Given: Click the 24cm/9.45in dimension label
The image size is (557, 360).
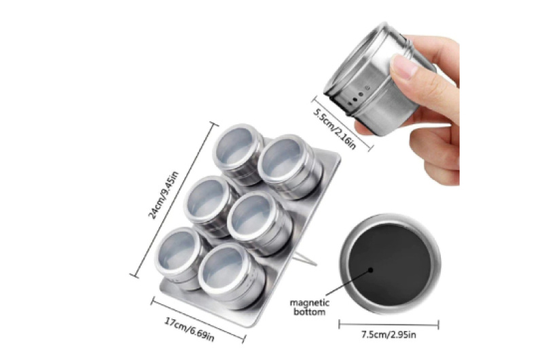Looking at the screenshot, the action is (163, 195).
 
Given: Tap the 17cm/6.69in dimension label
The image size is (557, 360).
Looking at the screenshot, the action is (190, 329).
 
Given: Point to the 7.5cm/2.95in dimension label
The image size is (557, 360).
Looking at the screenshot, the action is (389, 334).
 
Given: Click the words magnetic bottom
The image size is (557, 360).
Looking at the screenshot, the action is (309, 308).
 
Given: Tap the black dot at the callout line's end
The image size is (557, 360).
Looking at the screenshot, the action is (370, 270).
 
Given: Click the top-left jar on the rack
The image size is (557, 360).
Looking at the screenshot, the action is (238, 154).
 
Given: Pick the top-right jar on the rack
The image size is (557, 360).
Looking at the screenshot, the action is (289, 166).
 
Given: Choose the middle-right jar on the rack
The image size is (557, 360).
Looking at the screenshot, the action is (259, 223).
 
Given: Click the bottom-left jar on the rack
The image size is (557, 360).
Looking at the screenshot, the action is (180, 257).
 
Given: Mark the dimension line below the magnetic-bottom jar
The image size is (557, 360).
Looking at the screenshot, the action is (389, 324).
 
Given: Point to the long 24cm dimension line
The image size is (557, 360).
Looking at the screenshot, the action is (174, 200).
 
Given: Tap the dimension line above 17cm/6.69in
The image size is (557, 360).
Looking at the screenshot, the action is (198, 320).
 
